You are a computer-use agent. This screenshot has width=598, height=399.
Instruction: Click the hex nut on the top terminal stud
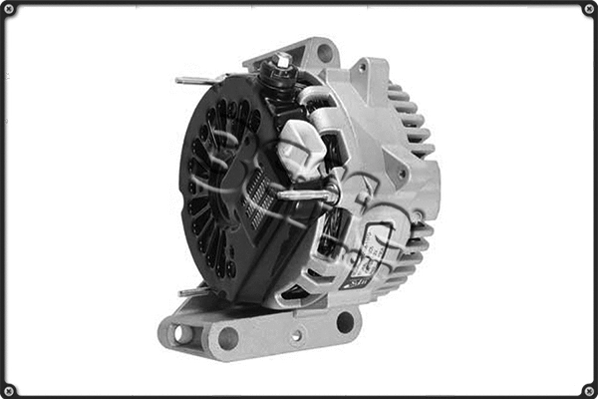point(282,62)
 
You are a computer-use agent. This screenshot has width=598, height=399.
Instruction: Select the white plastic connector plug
point(298,149)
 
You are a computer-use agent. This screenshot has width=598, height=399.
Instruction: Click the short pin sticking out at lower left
point(189,292)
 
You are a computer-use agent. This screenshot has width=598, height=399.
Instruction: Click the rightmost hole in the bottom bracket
point(345,321)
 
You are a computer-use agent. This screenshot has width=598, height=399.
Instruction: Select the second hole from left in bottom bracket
point(228,337)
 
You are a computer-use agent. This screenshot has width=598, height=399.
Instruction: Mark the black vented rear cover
point(219,190)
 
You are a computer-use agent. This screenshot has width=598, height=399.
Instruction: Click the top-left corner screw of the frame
point(9,9)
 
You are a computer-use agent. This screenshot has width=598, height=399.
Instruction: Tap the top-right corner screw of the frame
point(588,9)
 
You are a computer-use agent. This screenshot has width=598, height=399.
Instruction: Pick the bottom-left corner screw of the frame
point(9,389)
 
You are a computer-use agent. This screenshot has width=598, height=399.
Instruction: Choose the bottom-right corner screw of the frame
point(588,389)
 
